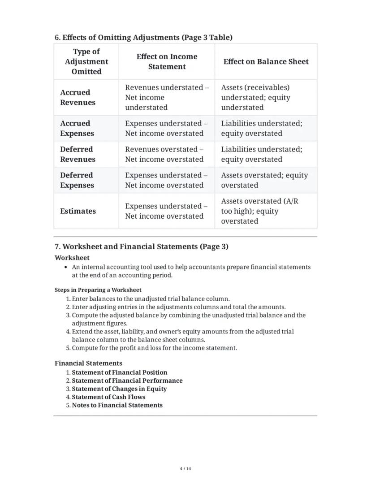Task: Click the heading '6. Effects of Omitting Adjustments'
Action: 143,37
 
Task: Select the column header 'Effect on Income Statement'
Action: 167,61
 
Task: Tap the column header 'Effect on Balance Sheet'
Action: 266,61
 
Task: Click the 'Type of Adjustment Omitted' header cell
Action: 86,61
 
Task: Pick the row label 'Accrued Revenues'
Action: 78,97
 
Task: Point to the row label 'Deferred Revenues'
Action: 78,154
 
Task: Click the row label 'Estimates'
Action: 78,211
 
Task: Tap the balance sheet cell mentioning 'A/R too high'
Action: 259,211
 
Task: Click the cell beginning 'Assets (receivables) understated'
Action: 255,97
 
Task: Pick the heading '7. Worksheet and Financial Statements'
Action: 141,246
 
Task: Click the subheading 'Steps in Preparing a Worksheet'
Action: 98,290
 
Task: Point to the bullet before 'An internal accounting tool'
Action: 66,267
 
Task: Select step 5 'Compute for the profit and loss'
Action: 154,348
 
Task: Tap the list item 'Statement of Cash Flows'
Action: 108,397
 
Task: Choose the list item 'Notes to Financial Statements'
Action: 117,405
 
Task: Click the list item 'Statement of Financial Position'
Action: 119,372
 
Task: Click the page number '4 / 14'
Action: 185,469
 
